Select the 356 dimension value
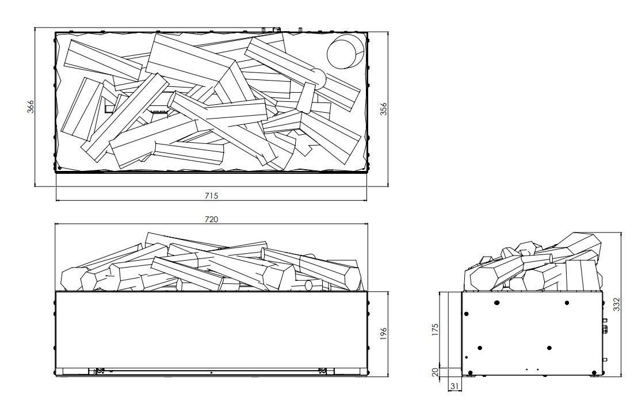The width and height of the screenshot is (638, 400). (384, 109)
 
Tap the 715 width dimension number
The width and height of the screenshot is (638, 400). (211, 196)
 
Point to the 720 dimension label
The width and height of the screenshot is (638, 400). (211, 219)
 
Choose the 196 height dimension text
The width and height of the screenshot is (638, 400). (384, 334)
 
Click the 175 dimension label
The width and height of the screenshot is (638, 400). (435, 330)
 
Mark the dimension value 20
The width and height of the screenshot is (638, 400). (435, 372)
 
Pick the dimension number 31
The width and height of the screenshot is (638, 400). (454, 386)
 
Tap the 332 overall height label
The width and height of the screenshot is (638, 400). (617, 304)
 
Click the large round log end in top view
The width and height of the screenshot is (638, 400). (345, 52)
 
